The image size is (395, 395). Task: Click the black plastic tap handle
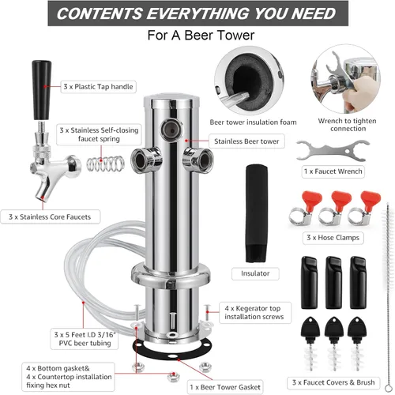pos(41,90)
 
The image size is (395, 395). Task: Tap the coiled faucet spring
pos(105,164)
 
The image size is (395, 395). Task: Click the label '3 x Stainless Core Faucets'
pos(50,217)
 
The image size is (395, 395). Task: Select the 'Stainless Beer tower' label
pos(246,141)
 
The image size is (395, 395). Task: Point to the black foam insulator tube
pos(256,213)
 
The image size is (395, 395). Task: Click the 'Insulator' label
pos(255,273)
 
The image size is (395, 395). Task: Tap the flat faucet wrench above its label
pos(333,150)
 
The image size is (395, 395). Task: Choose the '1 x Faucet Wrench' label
pos(333,171)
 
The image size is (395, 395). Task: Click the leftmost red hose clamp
pos(306,208)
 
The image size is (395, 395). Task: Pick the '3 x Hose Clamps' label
pos(333,238)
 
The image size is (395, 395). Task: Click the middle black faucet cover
pos(333,282)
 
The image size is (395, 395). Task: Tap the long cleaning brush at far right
pos(388,298)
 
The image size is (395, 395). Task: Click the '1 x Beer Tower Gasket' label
pos(225,387)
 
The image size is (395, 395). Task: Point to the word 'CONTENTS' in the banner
pos(100,13)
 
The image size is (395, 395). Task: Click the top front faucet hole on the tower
pos(171,130)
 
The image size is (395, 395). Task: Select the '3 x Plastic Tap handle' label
pos(98,87)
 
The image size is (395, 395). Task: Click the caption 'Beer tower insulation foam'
pos(253,122)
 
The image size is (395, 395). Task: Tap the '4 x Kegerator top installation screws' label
pos(255,313)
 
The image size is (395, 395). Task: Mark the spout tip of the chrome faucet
pos(41,197)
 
